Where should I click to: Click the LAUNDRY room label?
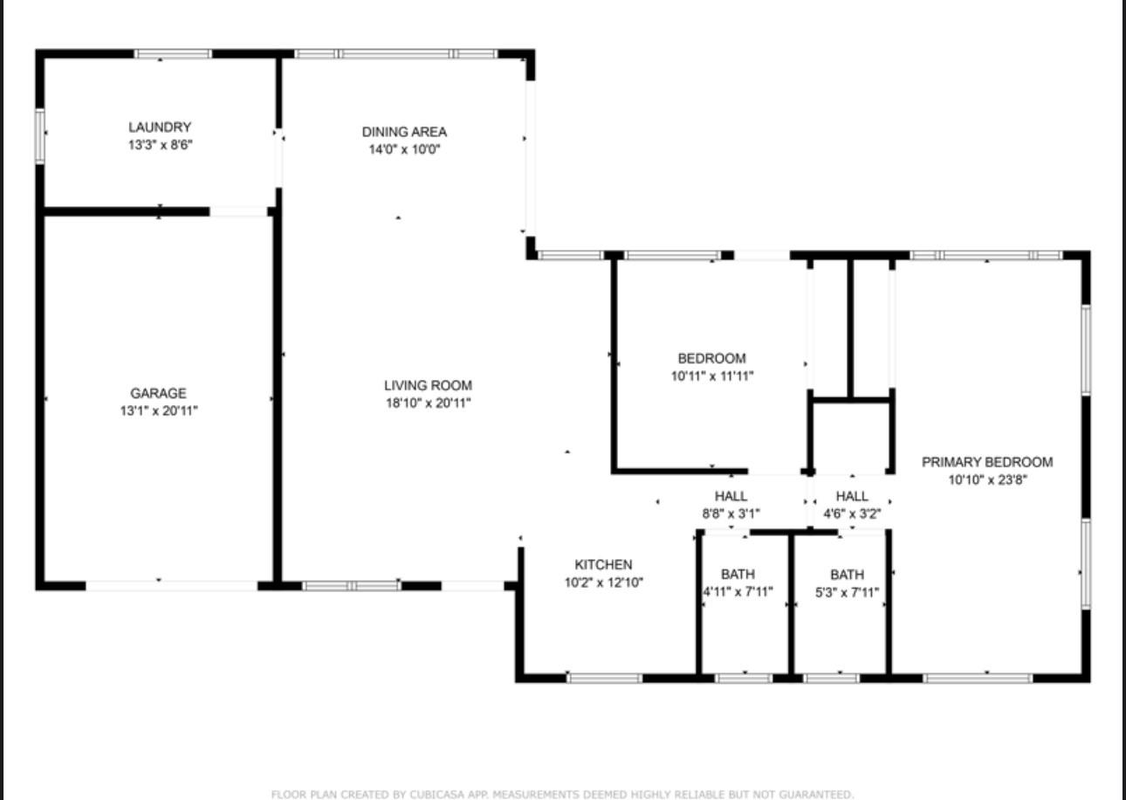coord(160,128)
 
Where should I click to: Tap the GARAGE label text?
coord(158,393)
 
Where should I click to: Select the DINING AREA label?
coord(404,132)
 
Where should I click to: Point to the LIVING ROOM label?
coord(428,386)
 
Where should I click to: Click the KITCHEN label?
coord(603,565)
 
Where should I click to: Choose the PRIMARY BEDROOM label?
coord(987,462)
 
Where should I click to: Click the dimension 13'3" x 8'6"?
coord(161,145)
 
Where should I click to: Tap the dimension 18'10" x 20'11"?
coord(429,403)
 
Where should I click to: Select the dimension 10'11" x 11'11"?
coord(712,376)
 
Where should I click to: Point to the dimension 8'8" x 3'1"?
coord(731,514)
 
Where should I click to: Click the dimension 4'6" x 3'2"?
coord(852,514)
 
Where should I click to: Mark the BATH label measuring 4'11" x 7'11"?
coord(738,574)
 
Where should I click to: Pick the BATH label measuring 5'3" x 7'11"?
coord(847,574)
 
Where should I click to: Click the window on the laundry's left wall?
coord(39,136)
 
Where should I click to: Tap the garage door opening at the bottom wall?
coord(171,586)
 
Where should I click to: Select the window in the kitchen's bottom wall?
coord(605,679)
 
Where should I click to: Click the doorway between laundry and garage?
coord(238,211)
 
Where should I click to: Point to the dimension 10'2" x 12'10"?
coord(604,583)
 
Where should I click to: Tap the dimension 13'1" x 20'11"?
coord(159,411)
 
